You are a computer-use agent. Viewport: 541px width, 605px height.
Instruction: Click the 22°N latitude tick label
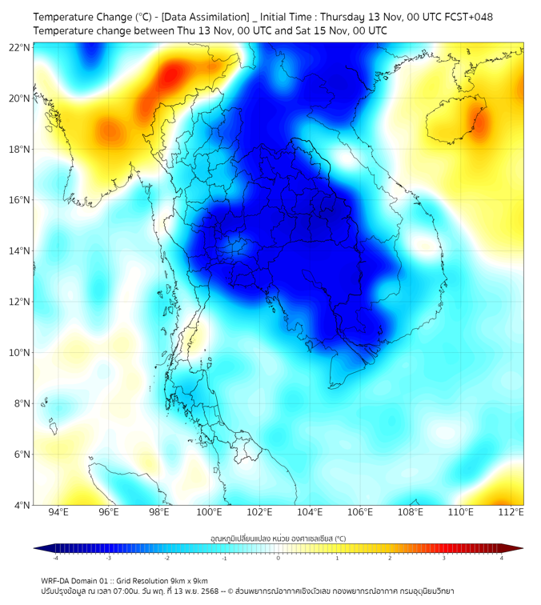(x=20, y=48)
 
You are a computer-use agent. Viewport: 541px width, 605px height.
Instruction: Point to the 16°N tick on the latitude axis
(x=20, y=200)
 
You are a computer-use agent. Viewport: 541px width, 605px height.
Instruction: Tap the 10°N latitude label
(x=20, y=353)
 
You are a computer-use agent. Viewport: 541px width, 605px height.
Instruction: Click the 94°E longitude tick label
(x=58, y=513)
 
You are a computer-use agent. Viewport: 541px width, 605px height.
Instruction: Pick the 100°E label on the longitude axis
(x=209, y=513)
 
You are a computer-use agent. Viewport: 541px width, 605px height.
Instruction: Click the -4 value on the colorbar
(x=55, y=558)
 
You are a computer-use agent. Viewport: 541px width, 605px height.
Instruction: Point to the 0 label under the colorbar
(x=279, y=558)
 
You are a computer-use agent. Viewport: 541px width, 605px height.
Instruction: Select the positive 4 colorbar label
(x=501, y=558)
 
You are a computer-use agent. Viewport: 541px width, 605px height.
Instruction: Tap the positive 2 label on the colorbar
(x=390, y=558)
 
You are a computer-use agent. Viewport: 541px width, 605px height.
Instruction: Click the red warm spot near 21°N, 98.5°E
(x=170, y=77)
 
